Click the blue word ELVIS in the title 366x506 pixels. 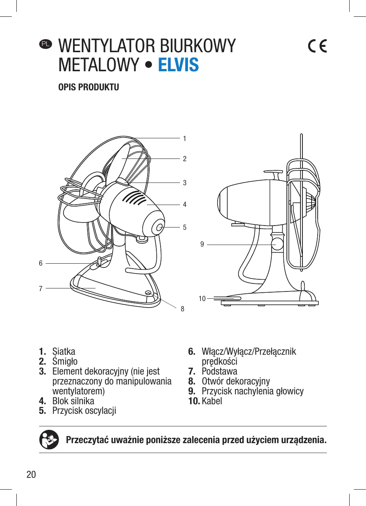(178, 65)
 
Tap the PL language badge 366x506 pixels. (46, 44)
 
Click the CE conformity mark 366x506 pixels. (317, 46)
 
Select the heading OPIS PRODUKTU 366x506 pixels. (89, 87)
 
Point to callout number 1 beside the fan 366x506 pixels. (185, 139)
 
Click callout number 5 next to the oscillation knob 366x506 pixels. (185, 227)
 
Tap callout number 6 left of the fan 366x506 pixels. (41, 263)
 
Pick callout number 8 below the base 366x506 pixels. (183, 309)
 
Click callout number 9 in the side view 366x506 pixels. (202, 244)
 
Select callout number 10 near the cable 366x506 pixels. (202, 299)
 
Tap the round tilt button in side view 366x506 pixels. (277, 244)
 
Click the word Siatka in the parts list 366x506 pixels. (64, 351)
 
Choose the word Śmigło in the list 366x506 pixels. (65, 361)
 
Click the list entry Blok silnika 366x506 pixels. (73, 401)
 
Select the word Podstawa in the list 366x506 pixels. (219, 371)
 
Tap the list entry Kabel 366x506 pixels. (212, 401)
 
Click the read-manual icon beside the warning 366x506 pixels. (49, 440)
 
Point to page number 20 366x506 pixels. (31, 474)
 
